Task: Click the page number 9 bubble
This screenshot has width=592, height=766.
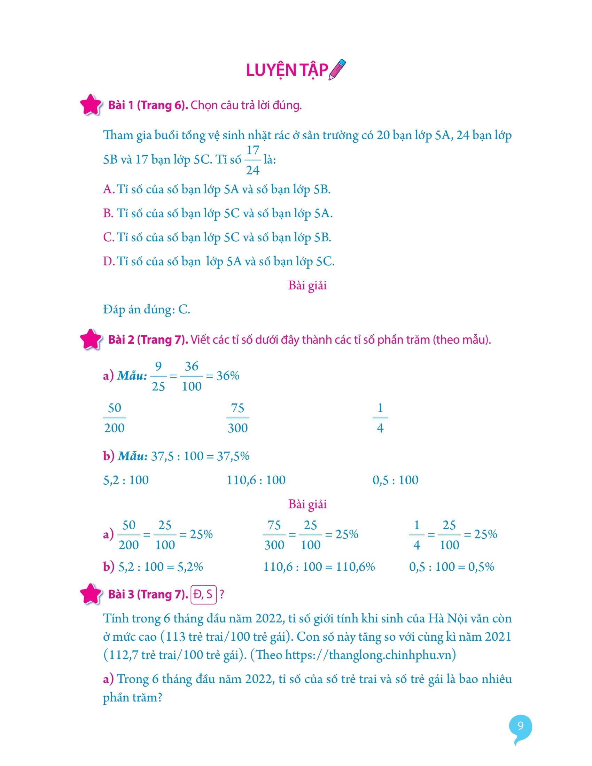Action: click(521, 726)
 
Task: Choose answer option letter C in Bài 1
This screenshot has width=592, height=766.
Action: click(108, 237)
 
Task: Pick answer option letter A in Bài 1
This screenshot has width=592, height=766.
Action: click(108, 189)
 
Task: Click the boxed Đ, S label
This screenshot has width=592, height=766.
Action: click(203, 594)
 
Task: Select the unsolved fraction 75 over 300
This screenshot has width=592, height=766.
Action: click(238, 418)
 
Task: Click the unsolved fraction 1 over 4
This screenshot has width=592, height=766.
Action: click(380, 418)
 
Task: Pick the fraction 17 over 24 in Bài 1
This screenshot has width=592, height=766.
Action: click(252, 160)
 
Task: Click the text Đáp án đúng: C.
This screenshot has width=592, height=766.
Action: click(147, 309)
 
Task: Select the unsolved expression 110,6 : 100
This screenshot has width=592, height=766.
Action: click(256, 480)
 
